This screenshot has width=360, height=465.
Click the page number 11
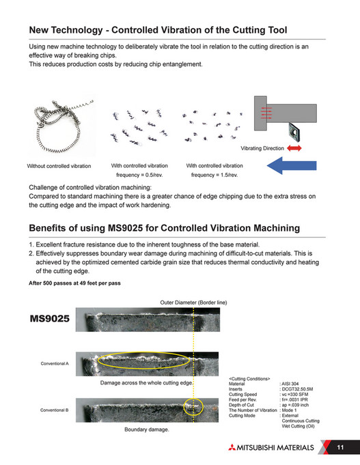[x=340, y=447]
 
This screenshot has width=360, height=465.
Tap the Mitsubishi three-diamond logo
[x=227, y=447]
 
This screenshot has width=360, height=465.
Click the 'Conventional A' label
[x=55, y=363]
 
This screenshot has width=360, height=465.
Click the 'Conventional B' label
[x=55, y=410]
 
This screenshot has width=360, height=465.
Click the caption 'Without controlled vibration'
[x=59, y=167]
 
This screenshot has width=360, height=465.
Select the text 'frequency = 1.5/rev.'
[x=214, y=175]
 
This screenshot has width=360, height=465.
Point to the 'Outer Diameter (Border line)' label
[x=194, y=301]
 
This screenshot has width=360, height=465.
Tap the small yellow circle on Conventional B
[x=194, y=408]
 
